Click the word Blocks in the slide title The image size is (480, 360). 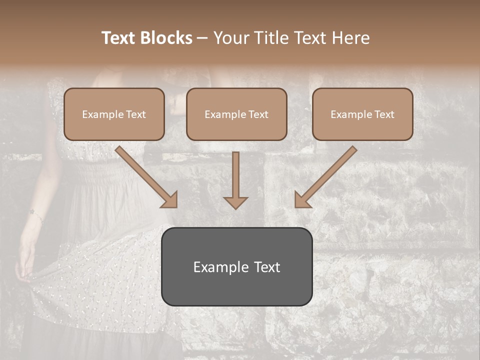[x=166, y=38]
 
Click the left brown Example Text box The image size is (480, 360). [x=114, y=114]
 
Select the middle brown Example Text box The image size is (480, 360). [x=236, y=114]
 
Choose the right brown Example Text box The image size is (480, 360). [x=362, y=114]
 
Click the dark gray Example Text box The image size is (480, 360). [x=236, y=266]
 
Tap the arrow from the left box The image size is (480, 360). [x=145, y=175]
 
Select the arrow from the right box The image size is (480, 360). [x=327, y=175]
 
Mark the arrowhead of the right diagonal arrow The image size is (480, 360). [x=303, y=199]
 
